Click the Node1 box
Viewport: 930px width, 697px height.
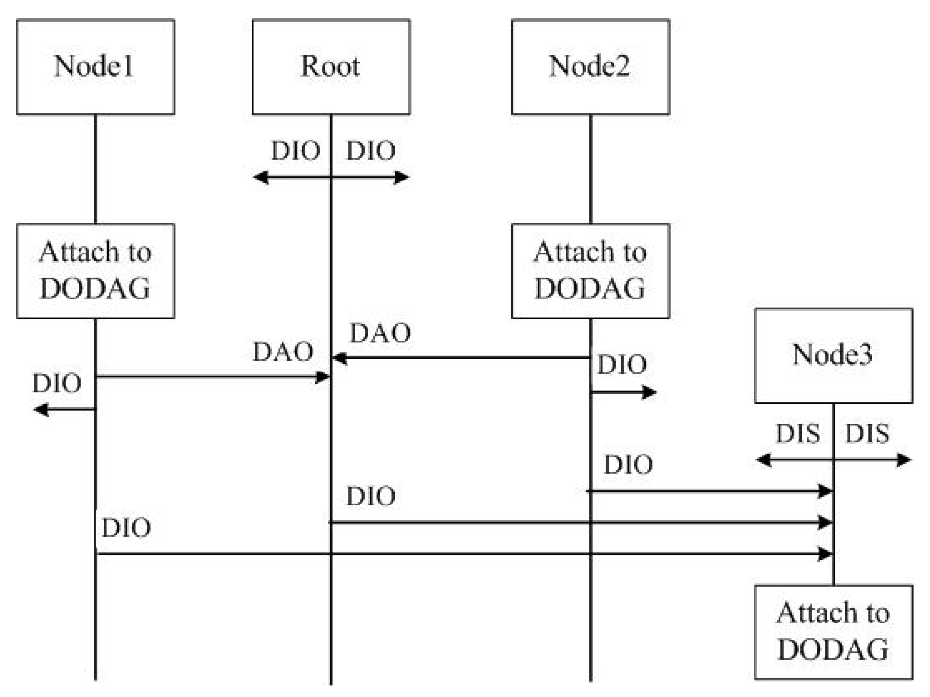click(95, 67)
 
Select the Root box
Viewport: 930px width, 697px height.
click(331, 67)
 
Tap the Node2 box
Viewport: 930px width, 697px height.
click(590, 67)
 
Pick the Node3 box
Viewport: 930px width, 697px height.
click(833, 356)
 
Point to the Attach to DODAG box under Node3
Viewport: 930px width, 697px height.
click(833, 632)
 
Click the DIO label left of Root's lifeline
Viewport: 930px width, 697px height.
click(296, 151)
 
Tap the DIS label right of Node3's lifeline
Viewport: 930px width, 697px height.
click(867, 433)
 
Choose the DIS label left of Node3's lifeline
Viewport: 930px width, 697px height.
click(798, 433)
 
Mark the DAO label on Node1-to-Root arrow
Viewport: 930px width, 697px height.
click(283, 351)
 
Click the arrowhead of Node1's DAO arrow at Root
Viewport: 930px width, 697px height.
click(323, 377)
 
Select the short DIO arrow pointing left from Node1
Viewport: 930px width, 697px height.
click(63, 409)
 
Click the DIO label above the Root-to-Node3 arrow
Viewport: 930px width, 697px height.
click(370, 496)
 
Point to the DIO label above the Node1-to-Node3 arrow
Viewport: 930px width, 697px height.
click(126, 528)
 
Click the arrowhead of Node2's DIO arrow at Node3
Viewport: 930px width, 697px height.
click(825, 491)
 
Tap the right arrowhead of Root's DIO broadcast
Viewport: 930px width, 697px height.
click(401, 177)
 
